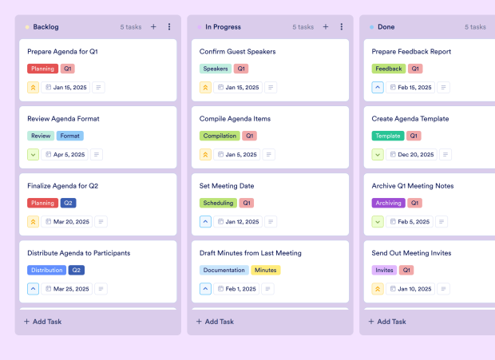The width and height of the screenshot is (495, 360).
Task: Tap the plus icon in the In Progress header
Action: point(326,26)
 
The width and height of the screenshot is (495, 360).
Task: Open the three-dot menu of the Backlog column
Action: point(169,26)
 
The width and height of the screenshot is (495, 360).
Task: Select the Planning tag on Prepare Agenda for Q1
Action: point(42,69)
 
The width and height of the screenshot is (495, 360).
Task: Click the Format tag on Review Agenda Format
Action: point(70,136)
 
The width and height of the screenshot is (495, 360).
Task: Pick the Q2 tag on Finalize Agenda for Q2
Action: point(69,203)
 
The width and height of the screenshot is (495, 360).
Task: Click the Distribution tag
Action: point(46,270)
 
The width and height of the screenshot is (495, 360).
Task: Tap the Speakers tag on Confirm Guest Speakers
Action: point(216,69)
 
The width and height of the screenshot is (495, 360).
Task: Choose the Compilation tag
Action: point(220,136)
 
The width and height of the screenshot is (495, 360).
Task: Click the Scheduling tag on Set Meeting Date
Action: point(218,203)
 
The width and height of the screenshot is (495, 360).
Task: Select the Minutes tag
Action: point(266,270)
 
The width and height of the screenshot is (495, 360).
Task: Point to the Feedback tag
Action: point(389,69)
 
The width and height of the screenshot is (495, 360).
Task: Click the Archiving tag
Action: point(389,203)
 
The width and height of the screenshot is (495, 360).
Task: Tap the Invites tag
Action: point(384,270)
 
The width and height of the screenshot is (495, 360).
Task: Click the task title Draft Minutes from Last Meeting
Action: point(251,253)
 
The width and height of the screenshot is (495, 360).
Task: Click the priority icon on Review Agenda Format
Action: point(34,154)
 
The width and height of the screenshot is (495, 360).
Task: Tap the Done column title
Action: point(386,26)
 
